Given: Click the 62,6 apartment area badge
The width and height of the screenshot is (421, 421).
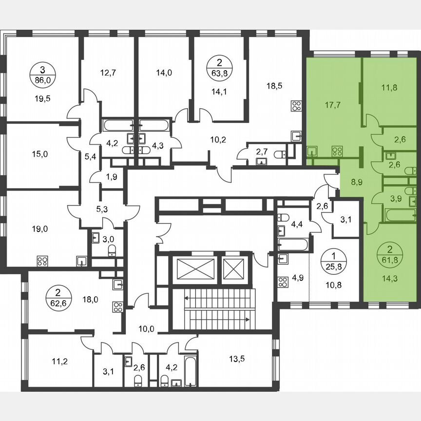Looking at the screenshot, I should tap(58, 297).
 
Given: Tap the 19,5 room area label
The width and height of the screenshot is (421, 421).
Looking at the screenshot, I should tap(42, 97).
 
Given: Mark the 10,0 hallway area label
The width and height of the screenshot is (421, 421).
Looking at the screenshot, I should tap(146, 329).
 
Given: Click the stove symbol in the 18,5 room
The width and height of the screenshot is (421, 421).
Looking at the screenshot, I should tap(296, 106).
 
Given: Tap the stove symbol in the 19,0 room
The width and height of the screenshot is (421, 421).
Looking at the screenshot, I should tap(41, 260).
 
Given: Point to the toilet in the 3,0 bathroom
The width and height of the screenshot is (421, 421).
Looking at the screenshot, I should tap(112, 251).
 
